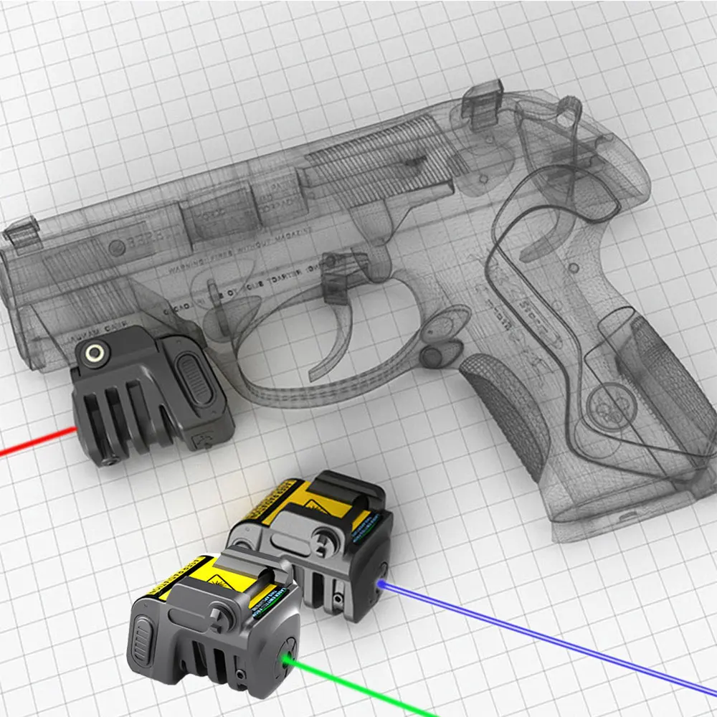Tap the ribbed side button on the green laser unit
pyautogui.click(x=143, y=635)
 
